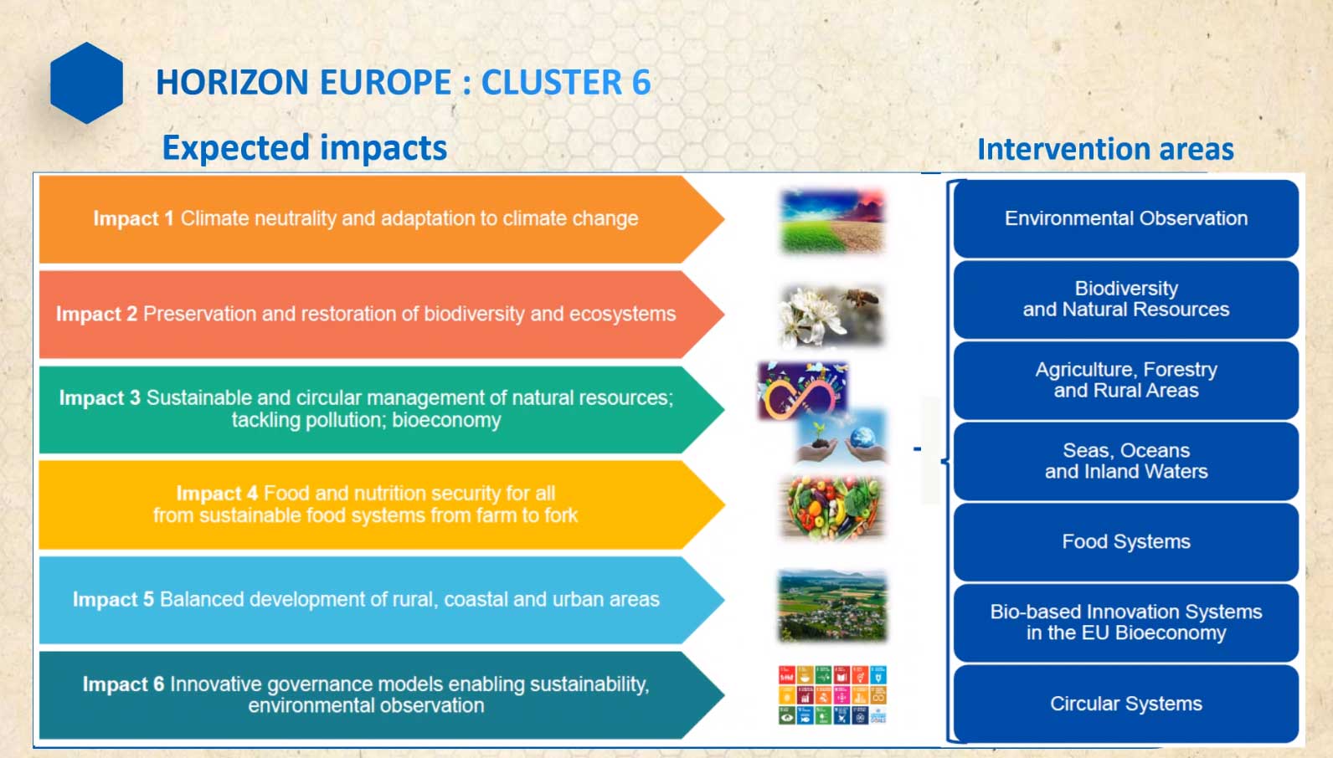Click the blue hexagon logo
click(x=87, y=83)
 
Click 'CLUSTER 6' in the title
click(x=566, y=82)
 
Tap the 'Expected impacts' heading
click(x=304, y=147)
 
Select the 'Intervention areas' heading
click(x=1105, y=149)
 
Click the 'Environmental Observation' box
click(x=1126, y=218)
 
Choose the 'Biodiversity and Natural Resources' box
click(x=1126, y=300)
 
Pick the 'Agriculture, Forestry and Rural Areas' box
click(x=1126, y=381)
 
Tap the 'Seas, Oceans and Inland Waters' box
click(x=1126, y=461)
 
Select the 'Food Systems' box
click(x=1126, y=542)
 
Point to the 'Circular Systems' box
click(x=1126, y=704)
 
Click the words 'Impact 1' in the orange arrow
click(x=133, y=218)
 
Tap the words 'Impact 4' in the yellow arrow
click(x=217, y=494)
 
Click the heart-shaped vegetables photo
click(x=832, y=507)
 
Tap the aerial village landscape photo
click(x=832, y=606)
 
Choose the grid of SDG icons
click(x=832, y=694)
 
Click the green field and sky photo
click(x=832, y=221)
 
